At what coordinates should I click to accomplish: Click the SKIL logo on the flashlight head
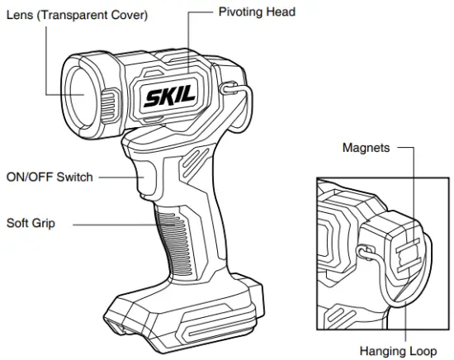coord(169,96)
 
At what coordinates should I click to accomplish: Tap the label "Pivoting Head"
coord(257,12)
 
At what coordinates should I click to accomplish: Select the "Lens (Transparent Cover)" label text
coord(77,15)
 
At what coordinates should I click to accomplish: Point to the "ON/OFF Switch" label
coord(50,177)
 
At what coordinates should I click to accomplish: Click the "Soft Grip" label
coord(31,223)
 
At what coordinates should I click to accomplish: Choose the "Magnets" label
coord(366,148)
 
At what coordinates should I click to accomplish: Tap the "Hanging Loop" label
coord(398,351)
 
